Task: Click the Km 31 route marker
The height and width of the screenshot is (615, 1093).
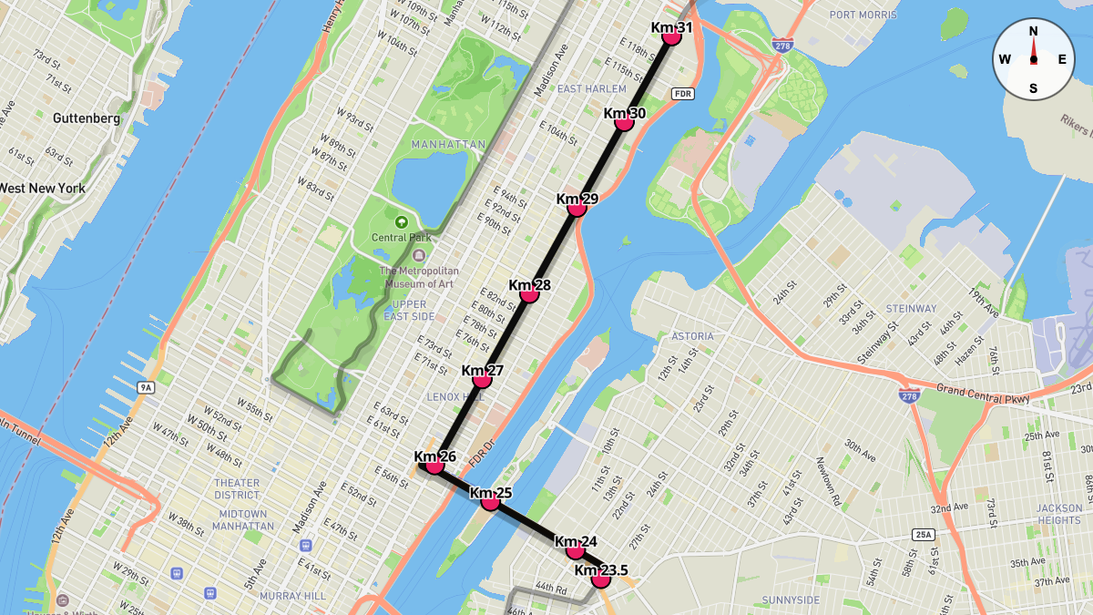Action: pyautogui.click(x=671, y=36)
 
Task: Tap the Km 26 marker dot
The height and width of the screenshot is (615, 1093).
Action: pyautogui.click(x=434, y=465)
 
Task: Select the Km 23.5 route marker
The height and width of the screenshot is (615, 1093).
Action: pyautogui.click(x=600, y=579)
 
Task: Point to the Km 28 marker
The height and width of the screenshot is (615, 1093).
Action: pyautogui.click(x=529, y=293)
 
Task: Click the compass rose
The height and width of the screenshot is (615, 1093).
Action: pyautogui.click(x=1033, y=59)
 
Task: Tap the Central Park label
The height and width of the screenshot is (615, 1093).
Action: pyautogui.click(x=401, y=238)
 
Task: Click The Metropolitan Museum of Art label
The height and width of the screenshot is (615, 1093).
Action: pyautogui.click(x=419, y=277)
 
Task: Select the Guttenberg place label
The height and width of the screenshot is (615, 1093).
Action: pyautogui.click(x=87, y=118)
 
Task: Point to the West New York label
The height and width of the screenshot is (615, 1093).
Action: pyautogui.click(x=42, y=189)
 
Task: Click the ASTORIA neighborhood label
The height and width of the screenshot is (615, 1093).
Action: pyautogui.click(x=693, y=336)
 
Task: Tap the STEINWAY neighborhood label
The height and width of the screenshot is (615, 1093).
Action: pyautogui.click(x=911, y=309)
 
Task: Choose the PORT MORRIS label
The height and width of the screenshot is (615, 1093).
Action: pyautogui.click(x=863, y=15)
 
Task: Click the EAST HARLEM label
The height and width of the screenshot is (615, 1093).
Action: pyautogui.click(x=592, y=88)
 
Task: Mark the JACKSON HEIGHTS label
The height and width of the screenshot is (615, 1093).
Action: pyautogui.click(x=1059, y=514)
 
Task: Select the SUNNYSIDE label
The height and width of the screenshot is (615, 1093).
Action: pyautogui.click(x=791, y=600)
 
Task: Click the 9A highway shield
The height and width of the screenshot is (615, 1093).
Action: pyautogui.click(x=145, y=388)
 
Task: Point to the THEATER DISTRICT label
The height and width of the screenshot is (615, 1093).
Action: pyautogui.click(x=237, y=488)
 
